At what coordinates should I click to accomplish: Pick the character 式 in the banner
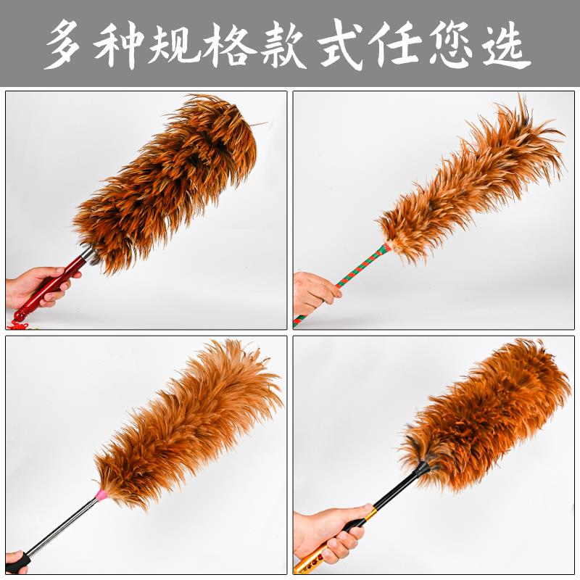pos(341,43)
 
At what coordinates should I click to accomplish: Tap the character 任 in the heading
pos(394,43)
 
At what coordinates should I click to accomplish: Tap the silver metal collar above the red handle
pos(88,255)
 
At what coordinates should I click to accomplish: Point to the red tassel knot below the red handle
pos(20,324)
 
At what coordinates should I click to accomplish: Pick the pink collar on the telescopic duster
pos(101,494)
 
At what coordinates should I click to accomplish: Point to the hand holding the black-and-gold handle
pos(329,533)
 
